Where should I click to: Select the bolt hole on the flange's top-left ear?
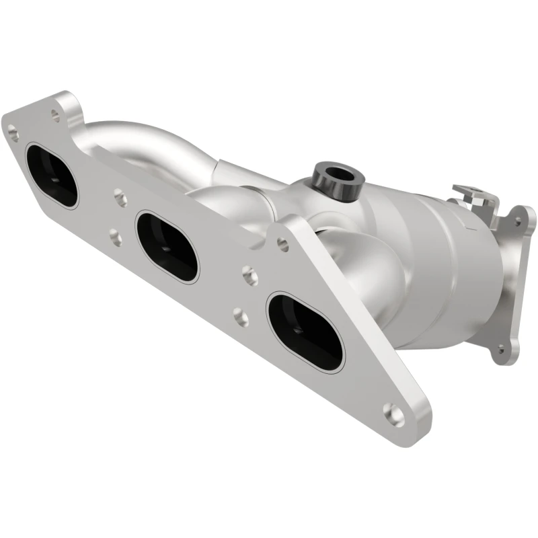pyautogui.click(x=55, y=115)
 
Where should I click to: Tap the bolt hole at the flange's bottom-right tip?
pyautogui.click(x=393, y=414)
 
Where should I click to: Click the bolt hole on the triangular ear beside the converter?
pyautogui.click(x=283, y=245)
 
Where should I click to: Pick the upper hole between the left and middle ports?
pyautogui.click(x=120, y=198)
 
